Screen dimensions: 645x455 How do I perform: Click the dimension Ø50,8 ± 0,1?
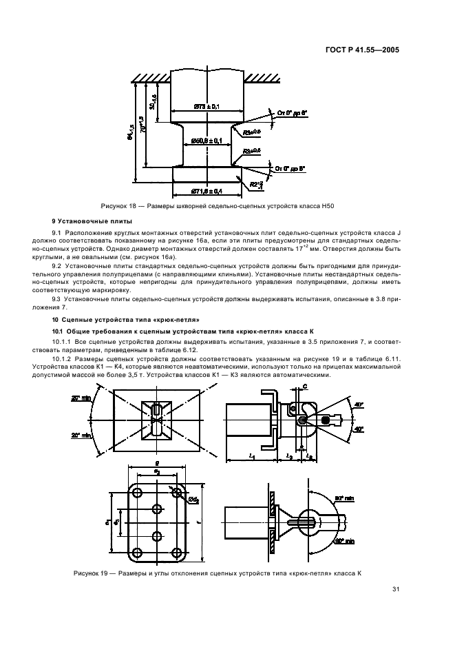(x=205, y=140)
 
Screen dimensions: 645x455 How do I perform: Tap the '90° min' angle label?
(x=344, y=496)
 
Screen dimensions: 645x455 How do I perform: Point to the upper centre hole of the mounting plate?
(x=157, y=509)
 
